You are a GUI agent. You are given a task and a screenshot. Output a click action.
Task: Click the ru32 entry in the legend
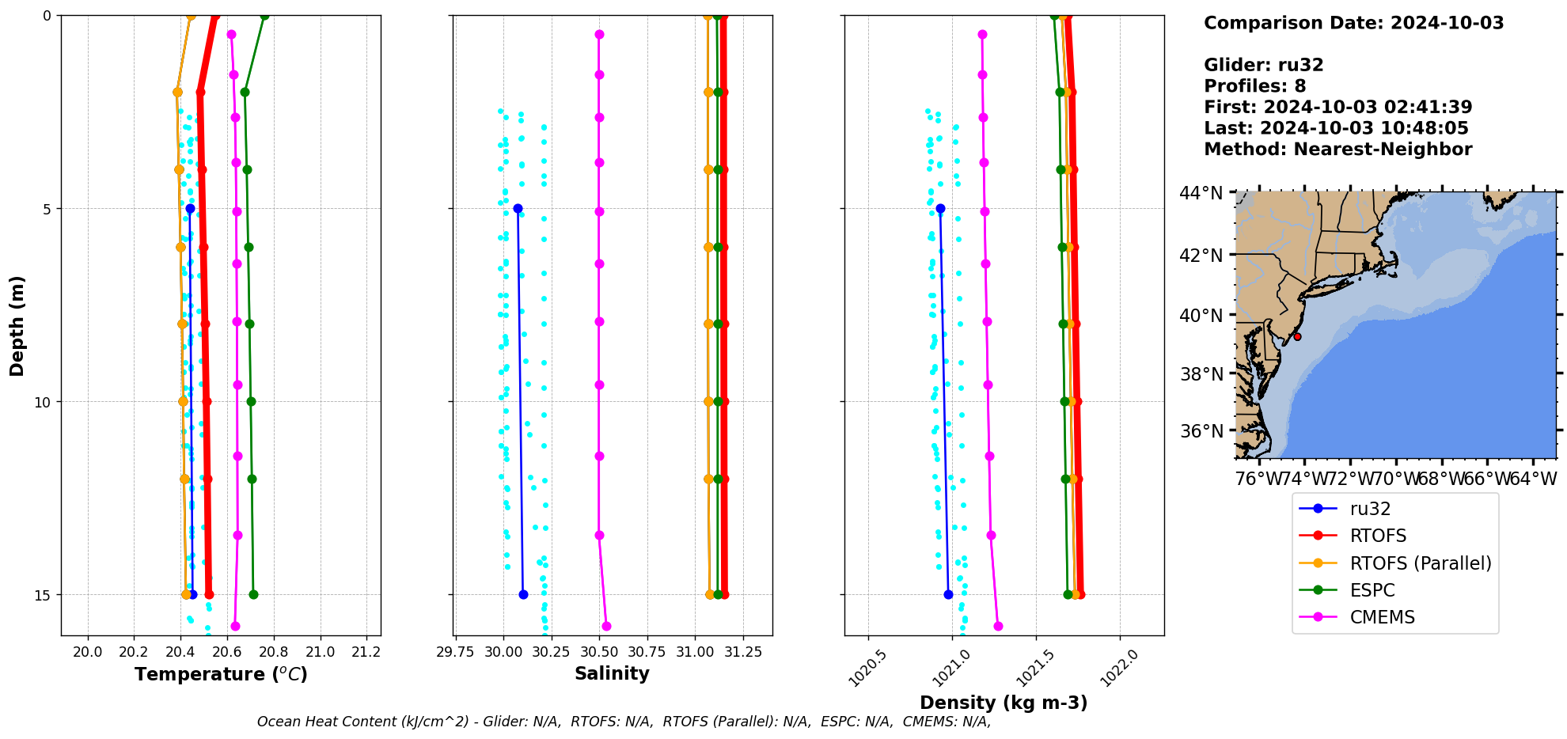pos(1370,509)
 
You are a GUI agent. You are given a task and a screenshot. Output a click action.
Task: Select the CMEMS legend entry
pos(1382,617)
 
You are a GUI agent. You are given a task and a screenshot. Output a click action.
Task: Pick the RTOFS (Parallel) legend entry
pos(1420,563)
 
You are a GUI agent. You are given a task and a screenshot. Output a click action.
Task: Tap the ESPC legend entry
pos(1372,590)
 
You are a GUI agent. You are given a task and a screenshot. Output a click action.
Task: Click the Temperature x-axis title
pos(221,674)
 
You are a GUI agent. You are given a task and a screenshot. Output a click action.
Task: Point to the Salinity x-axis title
pos(612,673)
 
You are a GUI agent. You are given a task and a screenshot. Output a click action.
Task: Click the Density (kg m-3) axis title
pos(1004,703)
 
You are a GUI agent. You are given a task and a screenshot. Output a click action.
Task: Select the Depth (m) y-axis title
pos(17,325)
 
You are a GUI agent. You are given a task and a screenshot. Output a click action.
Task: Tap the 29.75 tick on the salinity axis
pos(455,652)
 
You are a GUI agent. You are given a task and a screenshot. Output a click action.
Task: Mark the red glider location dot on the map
pos(1297,336)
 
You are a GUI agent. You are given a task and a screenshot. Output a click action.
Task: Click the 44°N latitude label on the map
pos(1201,193)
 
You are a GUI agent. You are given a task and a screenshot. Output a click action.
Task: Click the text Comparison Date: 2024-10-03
pos(1353,23)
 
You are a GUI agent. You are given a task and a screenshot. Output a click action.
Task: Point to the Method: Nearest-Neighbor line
pos(1337,150)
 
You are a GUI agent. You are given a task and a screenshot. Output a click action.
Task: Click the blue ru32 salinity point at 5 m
pos(518,208)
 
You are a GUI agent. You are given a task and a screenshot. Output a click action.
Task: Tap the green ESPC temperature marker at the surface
pos(264,16)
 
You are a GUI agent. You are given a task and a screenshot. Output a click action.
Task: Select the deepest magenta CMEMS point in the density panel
pos(998,626)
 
